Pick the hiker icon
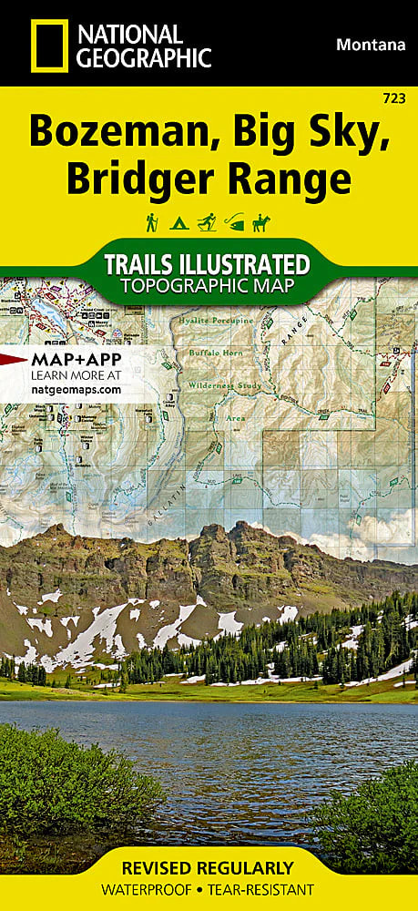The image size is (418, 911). [150, 221]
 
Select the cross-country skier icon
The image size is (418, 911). [208, 221]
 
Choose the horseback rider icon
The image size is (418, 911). [265, 221]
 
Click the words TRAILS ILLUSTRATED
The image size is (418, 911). [208, 265]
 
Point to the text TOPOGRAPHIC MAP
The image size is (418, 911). [208, 287]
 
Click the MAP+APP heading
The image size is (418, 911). [76, 359]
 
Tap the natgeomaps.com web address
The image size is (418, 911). [76, 388]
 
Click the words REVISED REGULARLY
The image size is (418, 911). [209, 866]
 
